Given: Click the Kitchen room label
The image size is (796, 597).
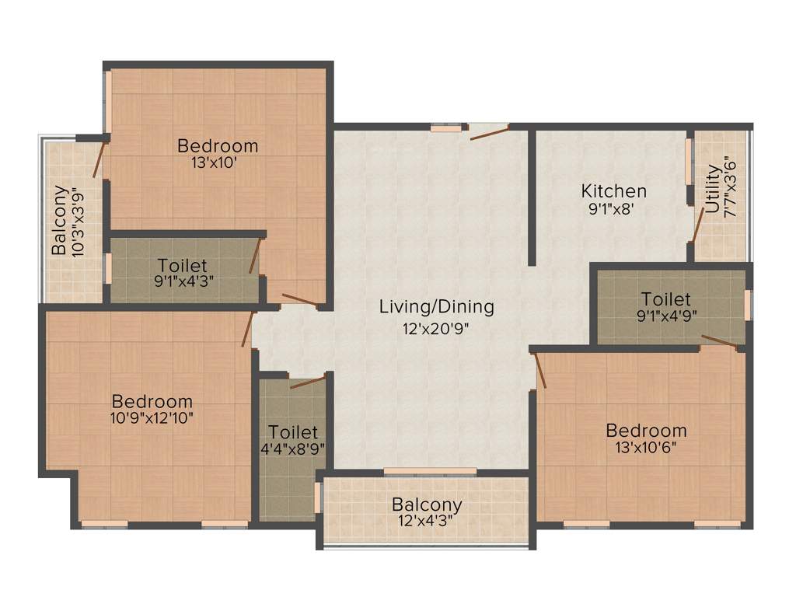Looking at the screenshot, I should coord(614,190).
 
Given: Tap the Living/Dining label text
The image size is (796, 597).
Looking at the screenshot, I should coord(436,306).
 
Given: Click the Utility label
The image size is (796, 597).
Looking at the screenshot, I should coord(713,189).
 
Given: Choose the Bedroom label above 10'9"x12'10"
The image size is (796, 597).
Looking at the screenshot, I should coord(152,401).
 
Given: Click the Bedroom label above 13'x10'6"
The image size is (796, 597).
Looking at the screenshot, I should coord(646,430).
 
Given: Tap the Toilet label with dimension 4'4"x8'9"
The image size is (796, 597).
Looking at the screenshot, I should coord(293,431).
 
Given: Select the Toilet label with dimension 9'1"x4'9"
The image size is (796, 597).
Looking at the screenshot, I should coord(665,299).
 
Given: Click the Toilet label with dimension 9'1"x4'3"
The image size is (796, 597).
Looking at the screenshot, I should coord(183,265).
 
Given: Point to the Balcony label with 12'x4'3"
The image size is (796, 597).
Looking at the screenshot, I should coord(427,504).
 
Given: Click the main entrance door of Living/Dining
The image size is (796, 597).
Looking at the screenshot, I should coord(489,132).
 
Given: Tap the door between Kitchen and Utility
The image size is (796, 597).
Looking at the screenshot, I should coord(697,225).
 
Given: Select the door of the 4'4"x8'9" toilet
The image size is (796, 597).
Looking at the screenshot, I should coord(307,382).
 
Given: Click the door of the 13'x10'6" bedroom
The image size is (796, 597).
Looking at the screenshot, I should coord(540,370).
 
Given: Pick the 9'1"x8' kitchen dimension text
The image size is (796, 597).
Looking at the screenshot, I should coord(613,208).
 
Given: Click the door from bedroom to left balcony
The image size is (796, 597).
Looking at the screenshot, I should coord(98,159).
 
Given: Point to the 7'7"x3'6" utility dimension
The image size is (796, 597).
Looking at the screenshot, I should coord(729,187).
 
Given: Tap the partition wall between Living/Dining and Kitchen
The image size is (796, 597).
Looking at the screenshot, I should coord(532,198).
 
